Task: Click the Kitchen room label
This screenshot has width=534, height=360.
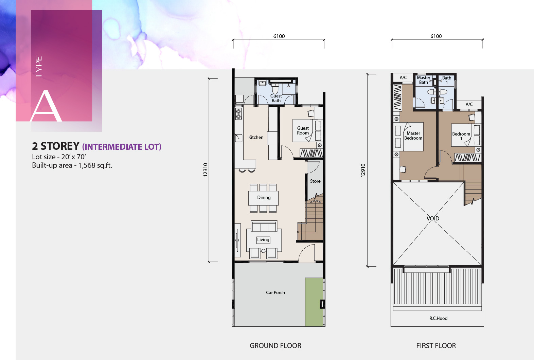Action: [x=256, y=137]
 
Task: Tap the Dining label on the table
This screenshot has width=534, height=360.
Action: [x=264, y=197]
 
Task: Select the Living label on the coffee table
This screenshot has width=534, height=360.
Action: [x=263, y=239]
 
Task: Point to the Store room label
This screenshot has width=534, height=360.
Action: [x=315, y=181]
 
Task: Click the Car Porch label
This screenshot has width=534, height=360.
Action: [x=275, y=292]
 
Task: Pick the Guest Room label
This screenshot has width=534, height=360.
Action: [x=303, y=131]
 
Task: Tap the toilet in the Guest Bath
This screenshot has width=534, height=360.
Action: [x=275, y=88]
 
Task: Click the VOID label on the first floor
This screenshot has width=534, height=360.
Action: [x=433, y=218]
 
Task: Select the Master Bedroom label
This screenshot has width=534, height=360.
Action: [x=413, y=136]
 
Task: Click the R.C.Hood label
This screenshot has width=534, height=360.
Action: [x=438, y=318]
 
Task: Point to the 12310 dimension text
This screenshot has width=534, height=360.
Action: [x=205, y=170]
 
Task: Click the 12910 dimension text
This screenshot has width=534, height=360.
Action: [x=362, y=170]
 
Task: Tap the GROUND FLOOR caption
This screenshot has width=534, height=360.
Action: [x=275, y=346]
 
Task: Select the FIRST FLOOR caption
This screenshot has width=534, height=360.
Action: [x=436, y=346]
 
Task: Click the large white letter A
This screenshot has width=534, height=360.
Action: [x=46, y=106]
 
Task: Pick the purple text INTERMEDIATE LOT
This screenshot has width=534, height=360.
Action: [x=122, y=147]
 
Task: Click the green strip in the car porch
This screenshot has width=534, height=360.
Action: [x=314, y=302]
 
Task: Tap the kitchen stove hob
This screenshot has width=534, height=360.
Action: [x=238, y=114]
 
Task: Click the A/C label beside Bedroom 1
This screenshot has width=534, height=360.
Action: [x=469, y=104]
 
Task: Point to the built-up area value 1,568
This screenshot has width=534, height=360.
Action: [x=87, y=165]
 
